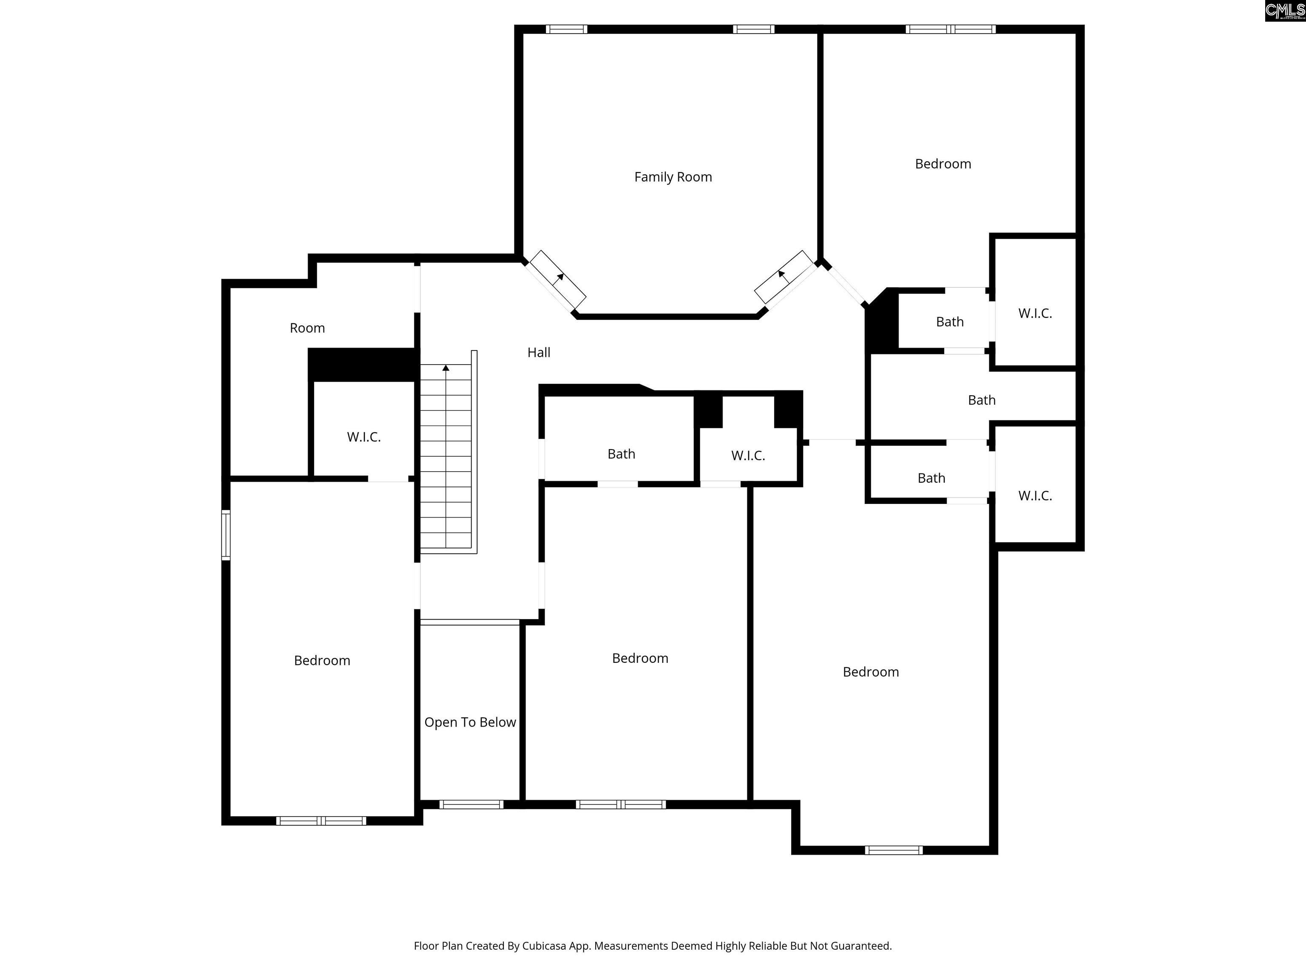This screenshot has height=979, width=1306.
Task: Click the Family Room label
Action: (673, 177)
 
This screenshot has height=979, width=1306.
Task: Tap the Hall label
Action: (539, 352)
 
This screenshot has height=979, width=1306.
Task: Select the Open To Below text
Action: (470, 722)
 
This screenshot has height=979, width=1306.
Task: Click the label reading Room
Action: (307, 328)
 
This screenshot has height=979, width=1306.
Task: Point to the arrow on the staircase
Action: (446, 368)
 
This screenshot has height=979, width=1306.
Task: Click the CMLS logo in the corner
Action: (1285, 11)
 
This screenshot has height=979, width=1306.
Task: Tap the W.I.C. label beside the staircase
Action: (363, 437)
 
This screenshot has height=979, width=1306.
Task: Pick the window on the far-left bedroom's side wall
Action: (226, 535)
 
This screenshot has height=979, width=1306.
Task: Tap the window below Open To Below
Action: (471, 804)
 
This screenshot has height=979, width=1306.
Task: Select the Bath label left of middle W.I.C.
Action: (621, 454)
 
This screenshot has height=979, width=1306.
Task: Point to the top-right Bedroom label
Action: (943, 164)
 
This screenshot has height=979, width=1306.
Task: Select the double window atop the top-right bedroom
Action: (951, 29)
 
